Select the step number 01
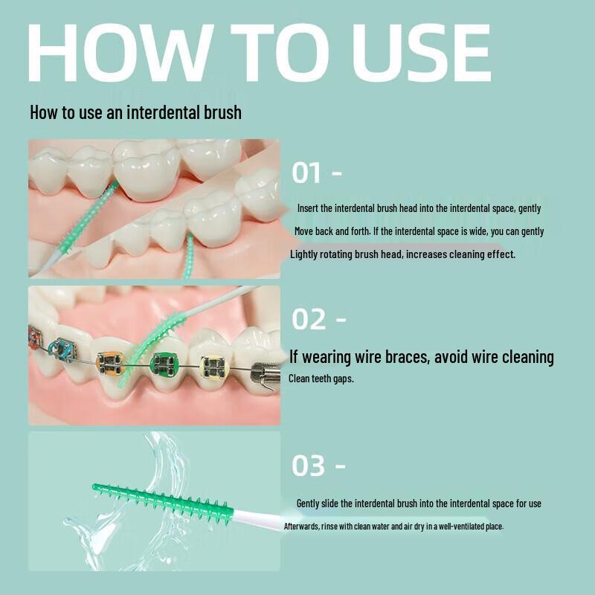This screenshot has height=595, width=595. (x=306, y=173)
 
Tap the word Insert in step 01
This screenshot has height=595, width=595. (x=308, y=209)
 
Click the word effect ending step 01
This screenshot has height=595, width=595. (x=500, y=254)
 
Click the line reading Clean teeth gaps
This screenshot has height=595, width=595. (x=321, y=379)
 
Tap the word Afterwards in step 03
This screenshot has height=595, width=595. (x=303, y=527)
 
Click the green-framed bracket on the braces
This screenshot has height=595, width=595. (x=163, y=365)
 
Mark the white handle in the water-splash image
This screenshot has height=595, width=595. (x=257, y=517)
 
